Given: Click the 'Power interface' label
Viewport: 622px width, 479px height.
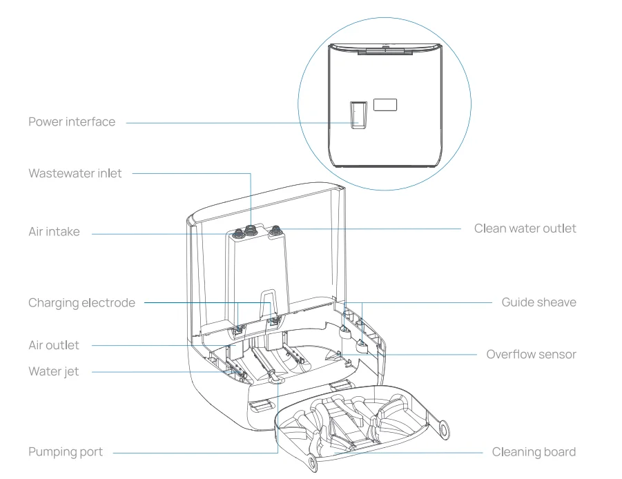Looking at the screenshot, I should point(72,122).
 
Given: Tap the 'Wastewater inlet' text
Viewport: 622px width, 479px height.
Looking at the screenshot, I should point(75,173).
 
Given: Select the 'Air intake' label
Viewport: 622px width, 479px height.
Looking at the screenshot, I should point(54,232).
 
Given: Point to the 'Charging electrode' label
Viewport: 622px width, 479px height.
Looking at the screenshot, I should point(81,302).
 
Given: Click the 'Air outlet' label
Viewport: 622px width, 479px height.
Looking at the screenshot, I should point(53,344).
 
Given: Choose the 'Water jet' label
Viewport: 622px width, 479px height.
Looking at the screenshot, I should point(53,371).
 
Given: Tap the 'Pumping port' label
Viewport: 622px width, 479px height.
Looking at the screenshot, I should point(65,452).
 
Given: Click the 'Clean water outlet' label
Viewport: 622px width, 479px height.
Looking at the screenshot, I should point(525,228).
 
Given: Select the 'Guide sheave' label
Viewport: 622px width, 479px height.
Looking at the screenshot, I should point(538,302).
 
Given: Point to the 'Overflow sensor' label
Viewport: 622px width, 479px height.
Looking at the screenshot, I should point(531,354).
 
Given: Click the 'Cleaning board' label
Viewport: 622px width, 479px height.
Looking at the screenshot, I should point(534,452).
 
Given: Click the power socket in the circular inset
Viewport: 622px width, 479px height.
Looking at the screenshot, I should point(356,115).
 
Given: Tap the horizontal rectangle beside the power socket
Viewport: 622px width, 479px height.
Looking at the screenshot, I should point(385,105).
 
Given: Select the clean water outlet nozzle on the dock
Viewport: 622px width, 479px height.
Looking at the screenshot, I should point(276,230).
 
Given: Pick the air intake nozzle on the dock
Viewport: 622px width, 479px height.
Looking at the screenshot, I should point(236,233).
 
